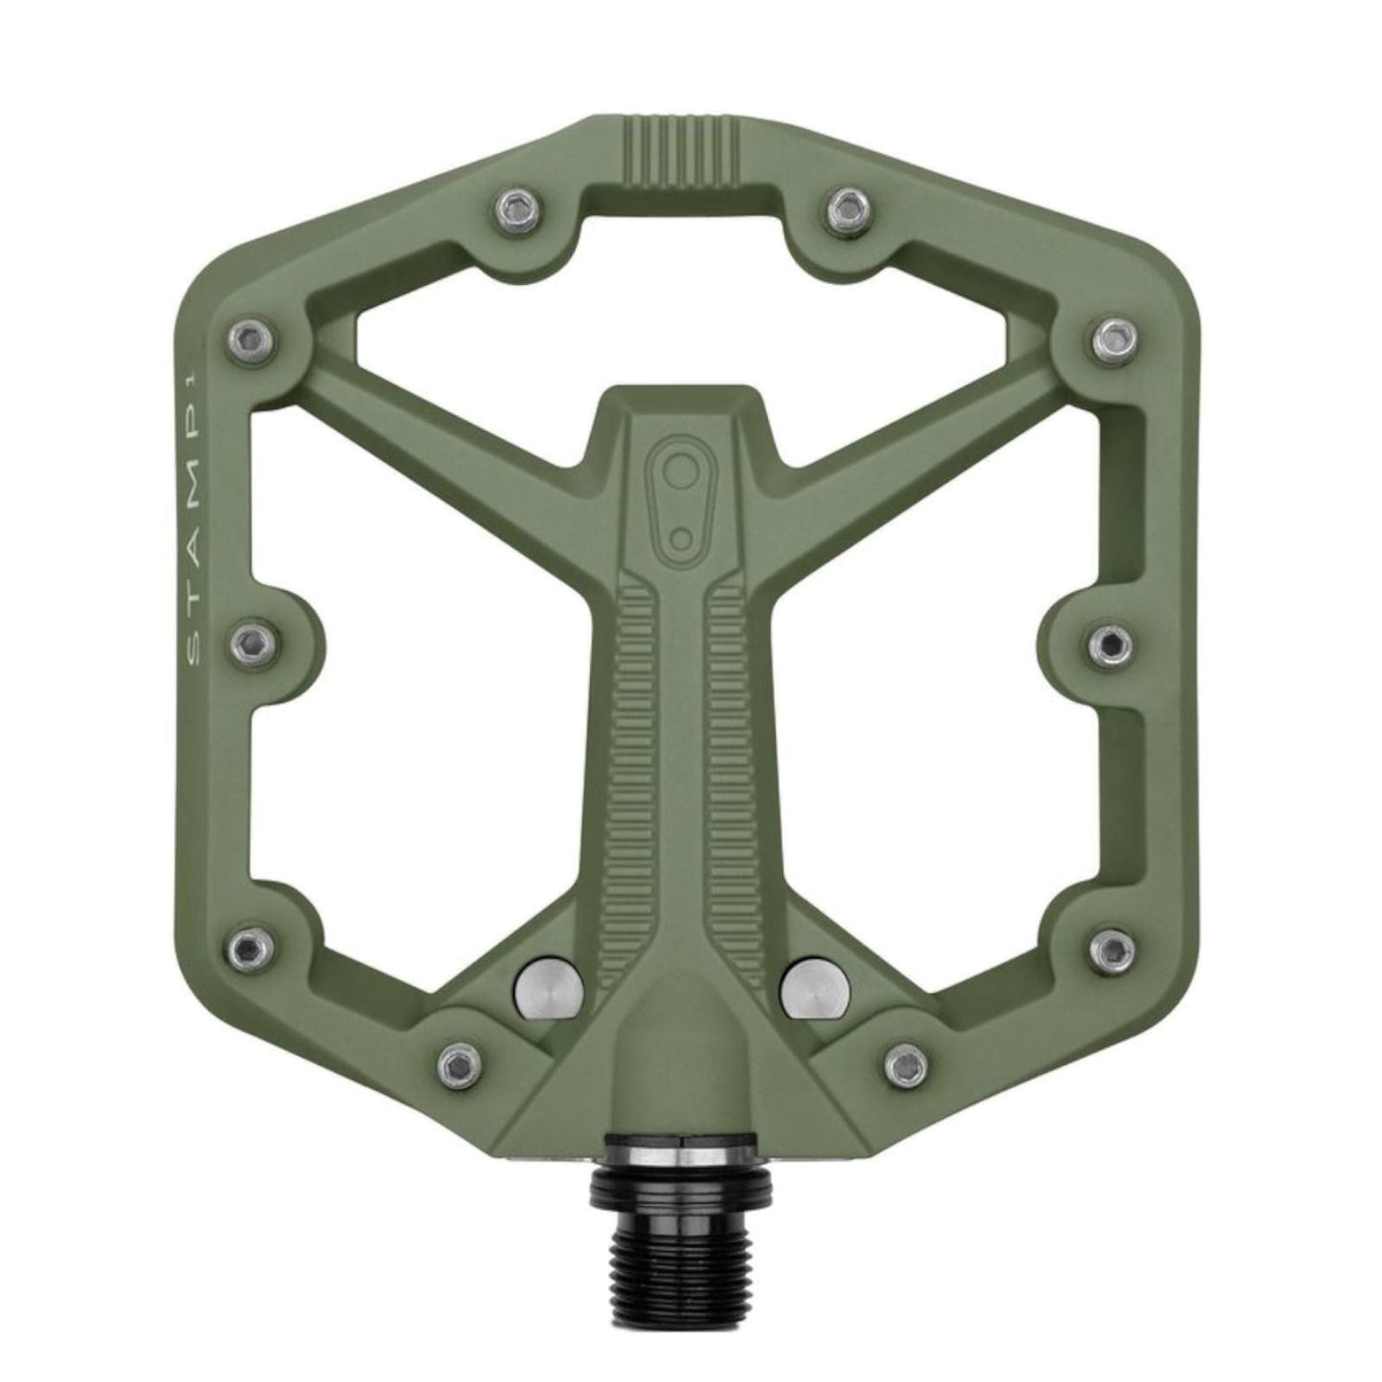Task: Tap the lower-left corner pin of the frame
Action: pos(248,947)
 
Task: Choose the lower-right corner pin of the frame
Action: pos(1112,947)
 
